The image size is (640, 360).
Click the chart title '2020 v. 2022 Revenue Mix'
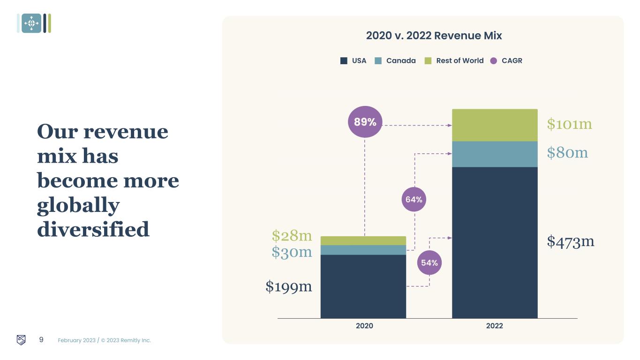pos(434,36)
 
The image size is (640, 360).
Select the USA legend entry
pos(354,60)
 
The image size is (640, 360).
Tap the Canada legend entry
pos(396,60)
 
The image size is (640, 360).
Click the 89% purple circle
pos(365,122)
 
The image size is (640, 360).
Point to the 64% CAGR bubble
pos(414,199)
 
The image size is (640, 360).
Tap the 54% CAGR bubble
pos(429,262)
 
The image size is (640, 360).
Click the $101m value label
pos(569,124)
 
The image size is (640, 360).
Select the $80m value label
pos(567,152)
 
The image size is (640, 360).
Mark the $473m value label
pos(571,241)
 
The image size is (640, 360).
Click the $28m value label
pos(292,235)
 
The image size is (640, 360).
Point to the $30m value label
pos(292,252)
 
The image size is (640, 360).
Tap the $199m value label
pos(289,286)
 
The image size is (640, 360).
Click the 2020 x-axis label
pos(364,326)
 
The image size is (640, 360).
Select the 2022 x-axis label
pos(494,326)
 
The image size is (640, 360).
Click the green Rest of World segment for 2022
pos(495,125)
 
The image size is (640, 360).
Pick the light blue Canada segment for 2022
pos(495,154)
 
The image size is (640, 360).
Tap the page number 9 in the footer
pos(41,340)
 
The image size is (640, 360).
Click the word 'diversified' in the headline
pos(93,230)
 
